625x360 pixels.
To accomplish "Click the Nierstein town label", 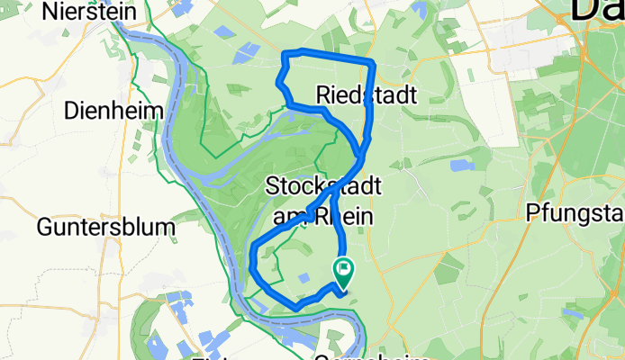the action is pyautogui.click(x=87, y=13).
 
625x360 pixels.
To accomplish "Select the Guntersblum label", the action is pyautogui.click(x=105, y=228).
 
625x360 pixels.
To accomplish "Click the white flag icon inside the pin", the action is pyautogui.click(x=344, y=268).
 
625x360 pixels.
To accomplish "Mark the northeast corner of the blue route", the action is pyautogui.click(x=372, y=60).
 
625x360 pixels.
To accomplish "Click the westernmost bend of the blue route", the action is pyautogui.click(x=251, y=261).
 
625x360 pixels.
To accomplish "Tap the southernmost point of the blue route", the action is pyautogui.click(x=296, y=308).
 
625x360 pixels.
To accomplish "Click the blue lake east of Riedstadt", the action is pyautogui.click(x=461, y=166).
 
